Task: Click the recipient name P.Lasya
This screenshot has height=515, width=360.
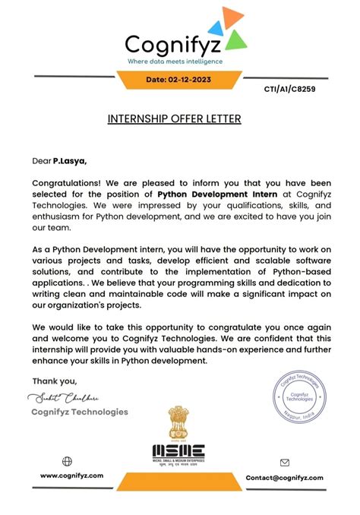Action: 69,161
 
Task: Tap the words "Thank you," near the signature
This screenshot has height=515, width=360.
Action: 55,381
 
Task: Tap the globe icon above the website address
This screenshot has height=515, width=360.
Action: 67,461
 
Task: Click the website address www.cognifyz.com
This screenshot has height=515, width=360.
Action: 72,476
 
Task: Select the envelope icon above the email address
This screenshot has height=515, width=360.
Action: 285,462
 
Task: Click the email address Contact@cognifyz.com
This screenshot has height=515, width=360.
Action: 285,478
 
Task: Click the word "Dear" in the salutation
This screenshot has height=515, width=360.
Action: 41,161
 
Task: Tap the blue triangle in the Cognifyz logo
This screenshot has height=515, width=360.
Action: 215,27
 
